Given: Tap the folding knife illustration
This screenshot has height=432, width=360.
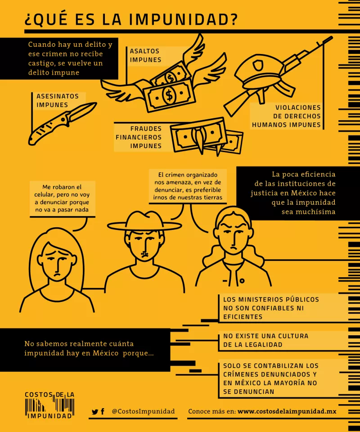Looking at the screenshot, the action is click(x=62, y=123).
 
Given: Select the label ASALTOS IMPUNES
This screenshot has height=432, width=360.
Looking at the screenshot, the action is click(x=145, y=55).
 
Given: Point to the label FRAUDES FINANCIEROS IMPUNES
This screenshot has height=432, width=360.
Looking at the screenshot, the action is click(x=139, y=137).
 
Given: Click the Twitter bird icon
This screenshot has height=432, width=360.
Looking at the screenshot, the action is click(x=95, y=412).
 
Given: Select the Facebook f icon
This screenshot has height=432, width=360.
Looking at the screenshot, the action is click(x=103, y=411).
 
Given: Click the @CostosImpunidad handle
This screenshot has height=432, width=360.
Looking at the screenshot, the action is click(x=143, y=411).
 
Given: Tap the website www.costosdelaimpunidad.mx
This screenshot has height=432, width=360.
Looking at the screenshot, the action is click(x=287, y=411).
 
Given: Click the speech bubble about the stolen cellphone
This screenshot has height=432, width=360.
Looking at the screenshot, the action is click(x=62, y=198).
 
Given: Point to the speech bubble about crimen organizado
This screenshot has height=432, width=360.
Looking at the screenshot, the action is click(x=188, y=186).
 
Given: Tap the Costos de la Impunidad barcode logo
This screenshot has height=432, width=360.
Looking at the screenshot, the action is click(x=49, y=405).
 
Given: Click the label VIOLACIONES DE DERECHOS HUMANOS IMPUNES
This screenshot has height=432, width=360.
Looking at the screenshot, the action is click(x=287, y=116).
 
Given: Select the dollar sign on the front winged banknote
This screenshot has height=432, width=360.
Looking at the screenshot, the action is click(x=169, y=95).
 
